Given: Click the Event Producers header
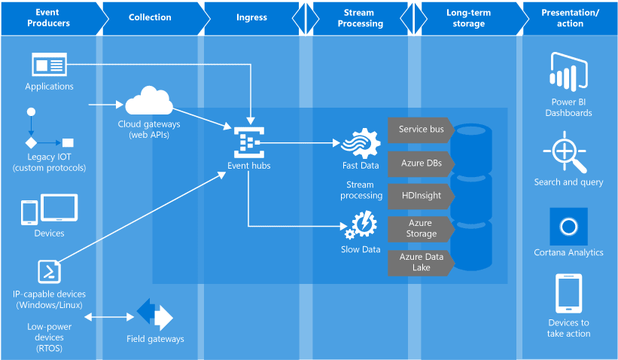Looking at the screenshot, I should click(49, 17).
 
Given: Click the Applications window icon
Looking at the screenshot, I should click(49, 65).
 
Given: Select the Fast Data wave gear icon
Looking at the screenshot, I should click(361, 143).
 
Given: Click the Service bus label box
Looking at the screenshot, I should click(420, 130).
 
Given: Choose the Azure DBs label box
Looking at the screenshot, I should click(420, 163).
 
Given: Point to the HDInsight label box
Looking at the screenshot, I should click(420, 195).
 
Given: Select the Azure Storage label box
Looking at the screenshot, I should click(420, 228).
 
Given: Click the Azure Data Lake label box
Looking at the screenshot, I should click(420, 262).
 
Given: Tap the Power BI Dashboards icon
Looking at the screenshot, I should click(569, 72).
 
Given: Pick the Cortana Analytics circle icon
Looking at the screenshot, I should click(568, 226).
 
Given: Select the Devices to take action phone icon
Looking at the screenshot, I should click(568, 293).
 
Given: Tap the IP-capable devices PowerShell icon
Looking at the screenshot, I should click(49, 270).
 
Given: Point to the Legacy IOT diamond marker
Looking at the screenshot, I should click(31, 142).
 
